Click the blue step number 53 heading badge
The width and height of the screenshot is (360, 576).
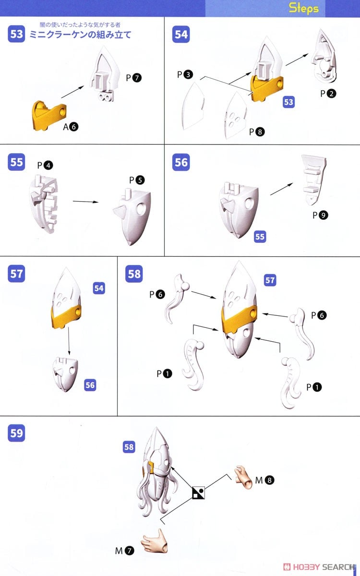click(x=16, y=34)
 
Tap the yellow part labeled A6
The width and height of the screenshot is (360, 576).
click(x=49, y=115)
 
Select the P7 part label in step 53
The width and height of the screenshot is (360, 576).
click(x=134, y=78)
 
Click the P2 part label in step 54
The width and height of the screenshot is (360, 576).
click(x=328, y=94)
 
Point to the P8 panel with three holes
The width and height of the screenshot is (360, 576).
click(x=236, y=116)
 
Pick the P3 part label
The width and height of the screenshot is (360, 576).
click(x=185, y=74)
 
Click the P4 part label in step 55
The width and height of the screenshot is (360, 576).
click(x=45, y=165)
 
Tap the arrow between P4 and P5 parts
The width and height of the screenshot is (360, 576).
click(x=85, y=202)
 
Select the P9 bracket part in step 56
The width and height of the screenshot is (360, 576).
click(x=314, y=180)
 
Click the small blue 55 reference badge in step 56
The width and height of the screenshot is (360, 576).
click(x=260, y=237)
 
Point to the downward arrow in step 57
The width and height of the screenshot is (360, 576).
click(x=69, y=341)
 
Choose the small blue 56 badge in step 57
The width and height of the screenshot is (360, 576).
click(x=90, y=385)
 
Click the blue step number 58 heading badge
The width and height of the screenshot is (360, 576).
click(x=134, y=274)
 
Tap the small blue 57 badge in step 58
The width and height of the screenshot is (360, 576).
click(x=270, y=280)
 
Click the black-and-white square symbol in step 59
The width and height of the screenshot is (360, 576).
click(x=199, y=492)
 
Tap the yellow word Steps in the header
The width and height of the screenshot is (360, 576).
click(x=304, y=8)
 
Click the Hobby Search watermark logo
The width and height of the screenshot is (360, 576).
click(x=319, y=567)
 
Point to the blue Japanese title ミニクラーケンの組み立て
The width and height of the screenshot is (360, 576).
click(x=81, y=35)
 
